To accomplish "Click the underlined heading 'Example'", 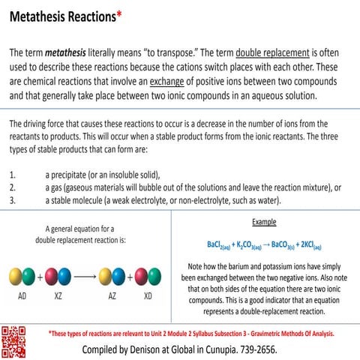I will [263, 222].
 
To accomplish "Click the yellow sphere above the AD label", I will [16, 275].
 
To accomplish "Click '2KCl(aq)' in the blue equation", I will [307, 245].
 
